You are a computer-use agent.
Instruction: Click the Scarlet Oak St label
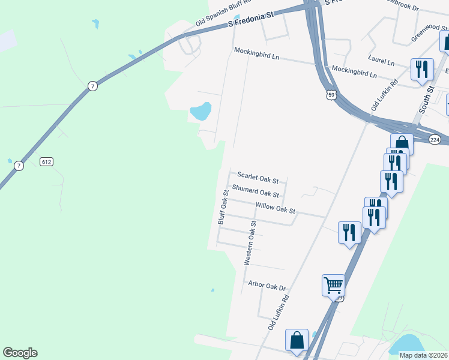(258, 178)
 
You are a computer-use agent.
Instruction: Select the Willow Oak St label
(276, 208)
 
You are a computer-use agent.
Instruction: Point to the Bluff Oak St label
(222, 208)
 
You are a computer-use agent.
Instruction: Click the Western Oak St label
(250, 243)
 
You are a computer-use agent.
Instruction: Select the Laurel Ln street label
(382, 62)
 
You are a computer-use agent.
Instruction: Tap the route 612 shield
(47, 162)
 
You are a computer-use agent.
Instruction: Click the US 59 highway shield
(331, 95)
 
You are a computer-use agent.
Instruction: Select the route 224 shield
(435, 139)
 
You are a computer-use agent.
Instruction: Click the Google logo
(20, 353)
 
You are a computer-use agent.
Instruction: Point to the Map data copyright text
(423, 355)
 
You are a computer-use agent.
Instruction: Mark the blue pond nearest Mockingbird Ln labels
(200, 111)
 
